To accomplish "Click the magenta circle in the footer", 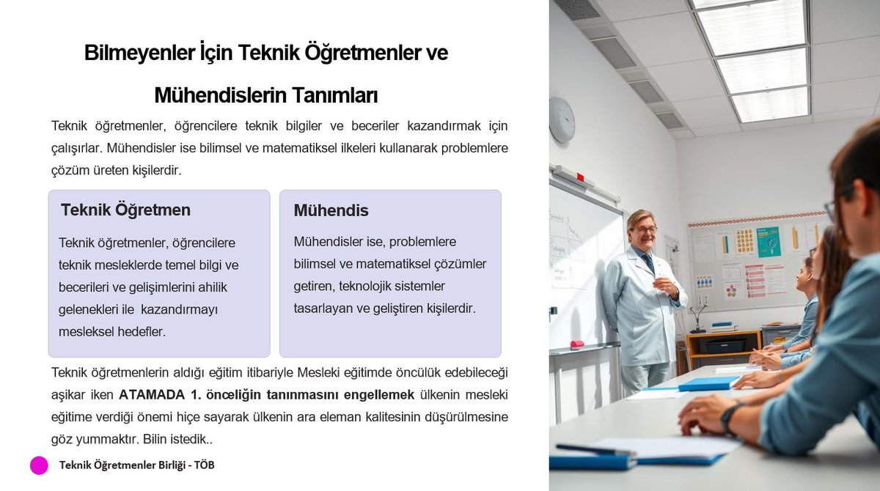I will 39,465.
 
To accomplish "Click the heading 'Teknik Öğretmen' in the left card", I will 125,210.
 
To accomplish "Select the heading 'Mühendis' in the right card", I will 331,211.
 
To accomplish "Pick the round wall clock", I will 562,119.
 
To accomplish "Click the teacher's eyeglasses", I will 644,229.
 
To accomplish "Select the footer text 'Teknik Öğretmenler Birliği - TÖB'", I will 136,465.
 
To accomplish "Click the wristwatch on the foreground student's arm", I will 728,418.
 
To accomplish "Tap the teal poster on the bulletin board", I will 768,240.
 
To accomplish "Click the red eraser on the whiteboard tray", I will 577,344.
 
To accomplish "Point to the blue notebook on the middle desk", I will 707,384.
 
